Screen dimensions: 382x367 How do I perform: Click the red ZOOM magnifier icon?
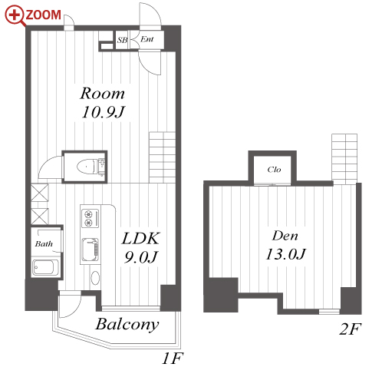tap(15, 16)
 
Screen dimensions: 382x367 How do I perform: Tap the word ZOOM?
tap(43, 15)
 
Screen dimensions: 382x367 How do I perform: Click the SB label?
tap(122, 40)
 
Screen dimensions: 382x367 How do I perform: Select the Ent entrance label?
tap(147, 39)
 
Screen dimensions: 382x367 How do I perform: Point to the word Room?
tap(102, 94)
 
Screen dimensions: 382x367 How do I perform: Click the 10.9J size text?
tap(103, 112)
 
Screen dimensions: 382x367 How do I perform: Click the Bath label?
tap(44, 243)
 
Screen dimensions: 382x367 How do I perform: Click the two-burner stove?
tap(90, 218)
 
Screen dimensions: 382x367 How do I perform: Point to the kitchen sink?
tap(90, 250)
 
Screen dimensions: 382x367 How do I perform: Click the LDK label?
tap(141, 239)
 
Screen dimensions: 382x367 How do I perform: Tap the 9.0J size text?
tap(141, 257)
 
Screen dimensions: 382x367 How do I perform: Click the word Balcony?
tap(127, 325)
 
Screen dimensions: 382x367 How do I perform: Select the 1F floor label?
tap(173, 359)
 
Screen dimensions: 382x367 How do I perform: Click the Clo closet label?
tap(274, 170)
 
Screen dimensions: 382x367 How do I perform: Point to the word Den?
tap(285, 236)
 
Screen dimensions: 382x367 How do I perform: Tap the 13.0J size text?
tap(285, 254)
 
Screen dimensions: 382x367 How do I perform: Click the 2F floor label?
tap(351, 329)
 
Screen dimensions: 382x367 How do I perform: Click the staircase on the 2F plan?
tap(344, 159)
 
